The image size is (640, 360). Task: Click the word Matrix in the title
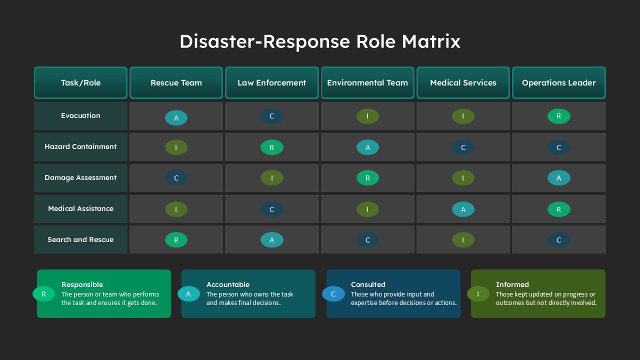point(431,41)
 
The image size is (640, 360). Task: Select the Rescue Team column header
point(176,83)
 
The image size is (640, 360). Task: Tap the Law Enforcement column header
point(271,83)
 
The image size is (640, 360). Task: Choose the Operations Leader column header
point(559,83)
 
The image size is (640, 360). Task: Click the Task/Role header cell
point(80,83)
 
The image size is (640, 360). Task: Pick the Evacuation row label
point(80,115)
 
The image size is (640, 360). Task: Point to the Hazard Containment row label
point(80,146)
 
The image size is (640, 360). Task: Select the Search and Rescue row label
point(80,239)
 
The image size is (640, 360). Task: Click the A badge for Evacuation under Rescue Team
point(176,117)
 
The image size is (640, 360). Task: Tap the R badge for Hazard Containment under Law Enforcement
point(271,147)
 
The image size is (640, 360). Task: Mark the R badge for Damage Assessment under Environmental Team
point(367,178)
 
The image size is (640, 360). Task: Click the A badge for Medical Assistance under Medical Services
point(463,209)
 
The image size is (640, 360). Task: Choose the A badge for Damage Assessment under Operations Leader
point(559,178)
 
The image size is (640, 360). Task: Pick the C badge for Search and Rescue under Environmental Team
point(367,240)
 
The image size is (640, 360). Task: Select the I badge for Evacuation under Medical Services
point(463,116)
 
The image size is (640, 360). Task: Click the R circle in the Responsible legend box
point(43,294)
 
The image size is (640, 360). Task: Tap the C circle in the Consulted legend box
point(333,294)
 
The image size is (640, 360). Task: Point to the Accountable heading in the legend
point(228,284)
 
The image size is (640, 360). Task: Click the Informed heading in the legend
point(512,284)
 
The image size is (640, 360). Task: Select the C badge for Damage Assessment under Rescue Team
point(176,178)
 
